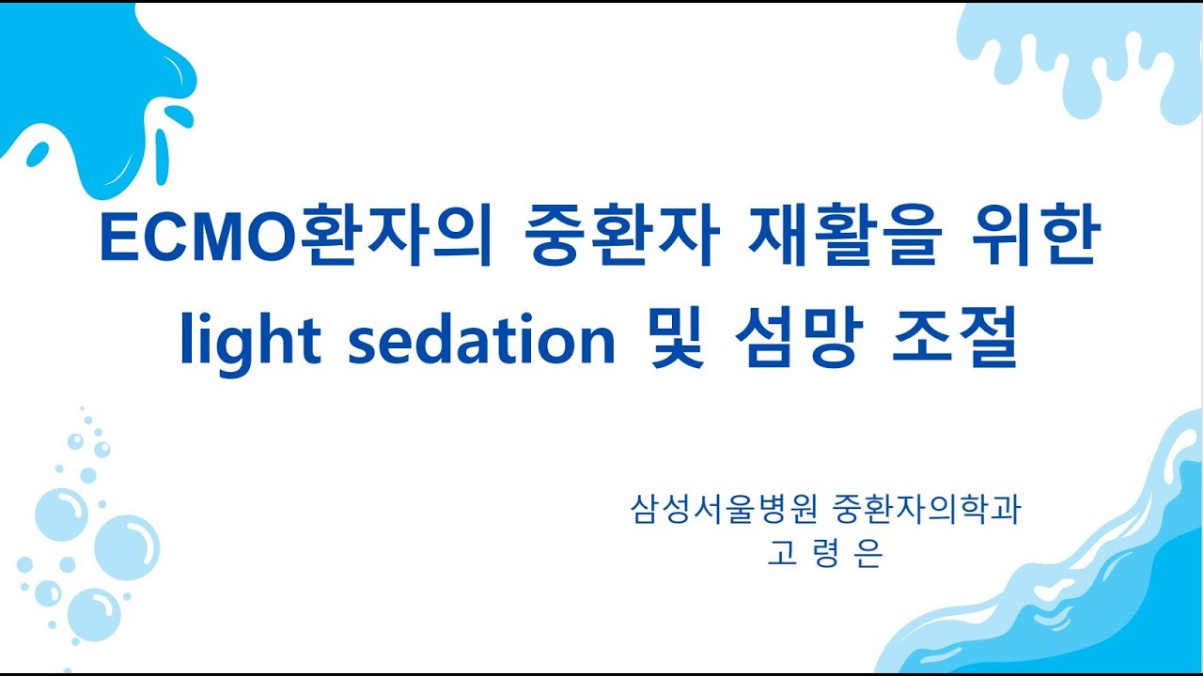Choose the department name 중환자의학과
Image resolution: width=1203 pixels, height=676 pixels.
(x=927, y=511)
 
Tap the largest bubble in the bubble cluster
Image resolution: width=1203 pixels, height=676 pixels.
(x=126, y=546)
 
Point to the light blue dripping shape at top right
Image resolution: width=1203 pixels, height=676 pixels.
(x=1081, y=52)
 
